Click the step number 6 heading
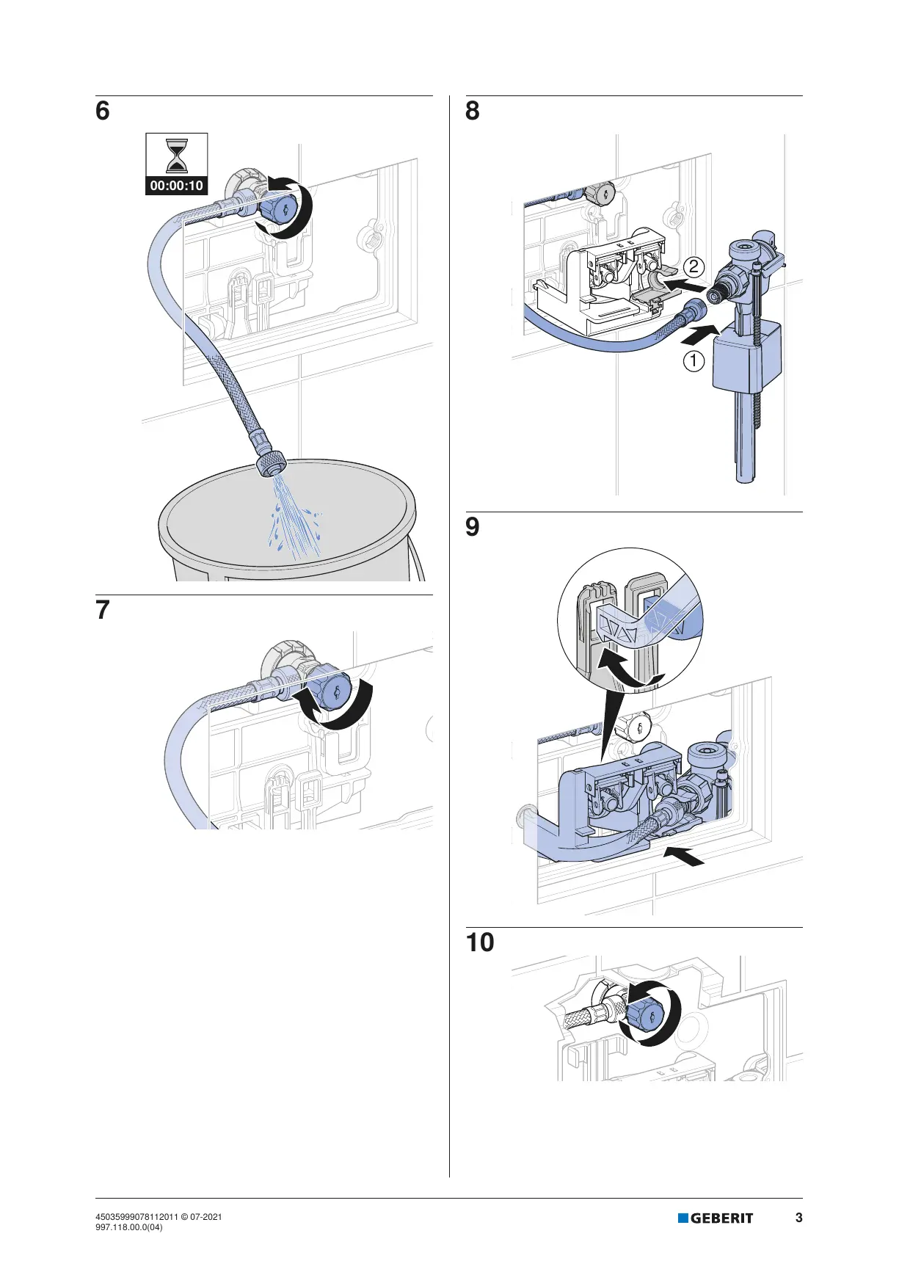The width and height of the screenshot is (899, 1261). [103, 112]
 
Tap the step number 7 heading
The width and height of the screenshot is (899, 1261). [103, 610]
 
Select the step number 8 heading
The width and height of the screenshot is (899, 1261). [473, 112]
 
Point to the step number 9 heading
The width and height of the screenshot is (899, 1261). [473, 527]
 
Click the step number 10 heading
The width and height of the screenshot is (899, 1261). [480, 942]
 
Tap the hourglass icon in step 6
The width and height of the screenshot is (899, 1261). [177, 156]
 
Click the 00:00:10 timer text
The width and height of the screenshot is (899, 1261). [177, 186]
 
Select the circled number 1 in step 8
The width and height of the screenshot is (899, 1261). [694, 361]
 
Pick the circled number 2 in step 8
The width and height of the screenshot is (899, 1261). [694, 267]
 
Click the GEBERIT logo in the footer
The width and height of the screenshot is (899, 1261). [716, 1218]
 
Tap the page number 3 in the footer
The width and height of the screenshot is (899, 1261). [799, 1218]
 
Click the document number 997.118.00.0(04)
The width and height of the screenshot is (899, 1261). [129, 1227]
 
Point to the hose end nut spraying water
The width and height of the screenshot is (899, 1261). [270, 463]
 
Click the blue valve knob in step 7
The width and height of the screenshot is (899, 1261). [334, 692]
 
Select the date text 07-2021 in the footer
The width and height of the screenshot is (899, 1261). [206, 1217]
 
